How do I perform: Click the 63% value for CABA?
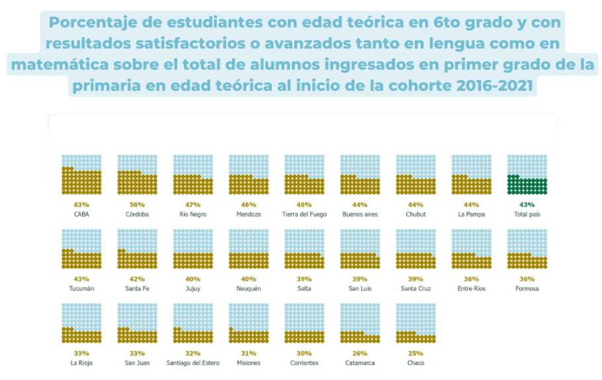81,205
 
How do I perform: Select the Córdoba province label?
137,214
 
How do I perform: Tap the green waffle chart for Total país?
527,175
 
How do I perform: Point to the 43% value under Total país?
527,205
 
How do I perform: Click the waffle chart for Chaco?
415,323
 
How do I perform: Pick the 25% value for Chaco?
415,353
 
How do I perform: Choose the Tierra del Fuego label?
304,214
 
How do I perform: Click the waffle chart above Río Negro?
193,175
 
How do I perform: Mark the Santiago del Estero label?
193,363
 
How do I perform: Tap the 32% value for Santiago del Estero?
193,353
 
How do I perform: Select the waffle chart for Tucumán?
81,249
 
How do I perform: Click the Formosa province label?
527,289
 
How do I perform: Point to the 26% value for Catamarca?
360,353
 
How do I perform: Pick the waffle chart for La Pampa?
471,175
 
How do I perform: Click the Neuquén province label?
248,289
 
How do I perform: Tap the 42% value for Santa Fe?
137,279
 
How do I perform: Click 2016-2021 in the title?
492,86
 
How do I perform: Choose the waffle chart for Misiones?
248,323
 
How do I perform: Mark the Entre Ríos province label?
471,289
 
